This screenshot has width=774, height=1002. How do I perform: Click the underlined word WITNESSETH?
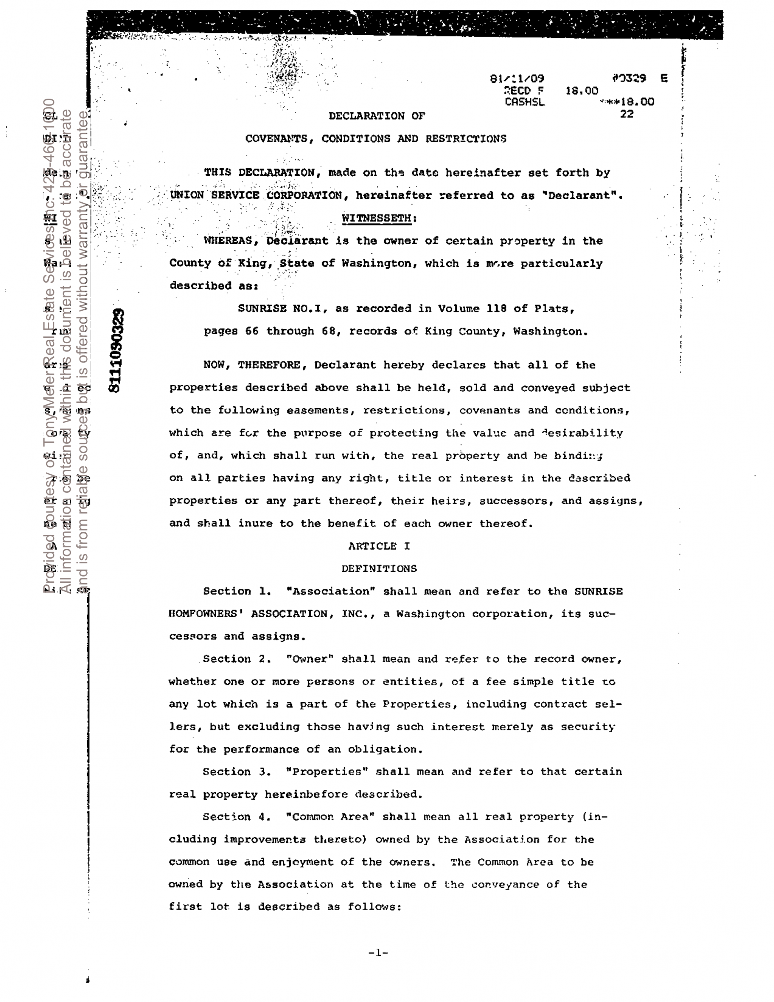pyautogui.click(x=376, y=218)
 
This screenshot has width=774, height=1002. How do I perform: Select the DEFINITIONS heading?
pyautogui.click(x=379, y=568)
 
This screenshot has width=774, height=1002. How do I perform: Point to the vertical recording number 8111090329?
pyautogui.click(x=115, y=351)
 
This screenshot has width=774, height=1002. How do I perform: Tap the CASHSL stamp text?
pyautogui.click(x=524, y=102)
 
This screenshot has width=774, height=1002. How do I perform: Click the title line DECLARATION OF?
pyautogui.click(x=377, y=116)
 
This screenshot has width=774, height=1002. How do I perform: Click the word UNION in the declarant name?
pyautogui.click(x=186, y=195)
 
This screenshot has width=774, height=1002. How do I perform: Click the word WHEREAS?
pyautogui.click(x=228, y=240)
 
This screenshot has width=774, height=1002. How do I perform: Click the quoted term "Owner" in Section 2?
pyautogui.click(x=310, y=659)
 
